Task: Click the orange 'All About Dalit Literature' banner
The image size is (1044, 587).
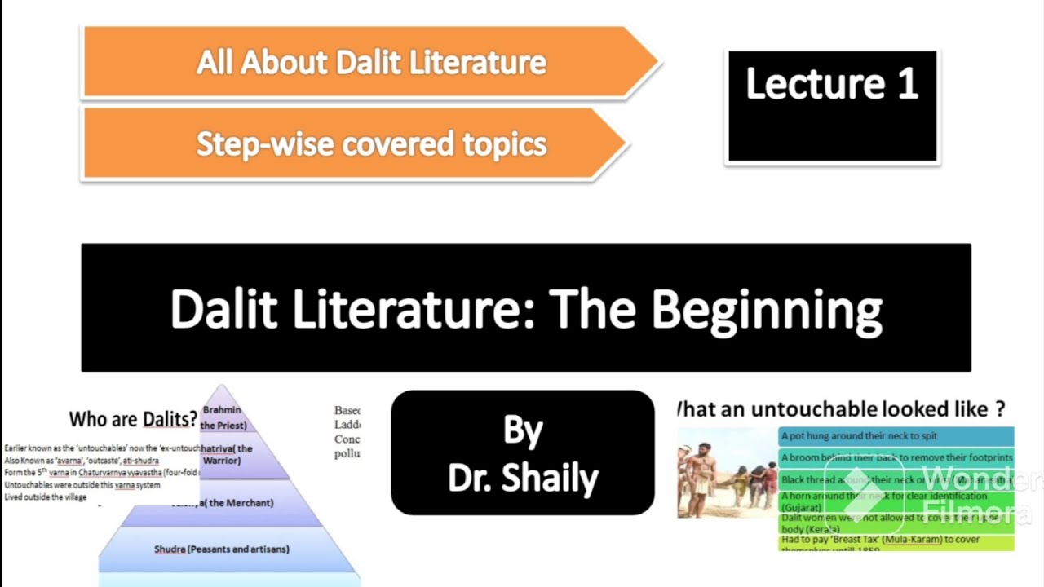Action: coord(371,63)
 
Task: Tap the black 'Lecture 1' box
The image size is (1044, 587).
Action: coord(832,106)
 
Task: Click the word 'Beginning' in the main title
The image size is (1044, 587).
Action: coord(766,310)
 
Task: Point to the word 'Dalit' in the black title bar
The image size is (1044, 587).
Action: coord(224,310)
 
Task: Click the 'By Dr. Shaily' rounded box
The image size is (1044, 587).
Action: coord(523,453)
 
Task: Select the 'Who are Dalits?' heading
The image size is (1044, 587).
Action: coord(133,419)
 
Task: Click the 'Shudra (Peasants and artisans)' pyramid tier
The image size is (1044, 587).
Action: coord(222,549)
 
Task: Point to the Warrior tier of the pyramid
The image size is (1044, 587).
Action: coord(226,454)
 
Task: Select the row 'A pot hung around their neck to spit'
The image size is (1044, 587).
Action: coord(896,436)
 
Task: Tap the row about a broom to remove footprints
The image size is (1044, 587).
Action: coord(896,458)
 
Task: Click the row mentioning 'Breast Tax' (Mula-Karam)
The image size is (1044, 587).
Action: coord(896,540)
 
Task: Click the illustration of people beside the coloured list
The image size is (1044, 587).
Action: coord(727,473)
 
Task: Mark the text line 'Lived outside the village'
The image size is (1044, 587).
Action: coord(46,497)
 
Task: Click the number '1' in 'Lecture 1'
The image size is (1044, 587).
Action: coord(907,84)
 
